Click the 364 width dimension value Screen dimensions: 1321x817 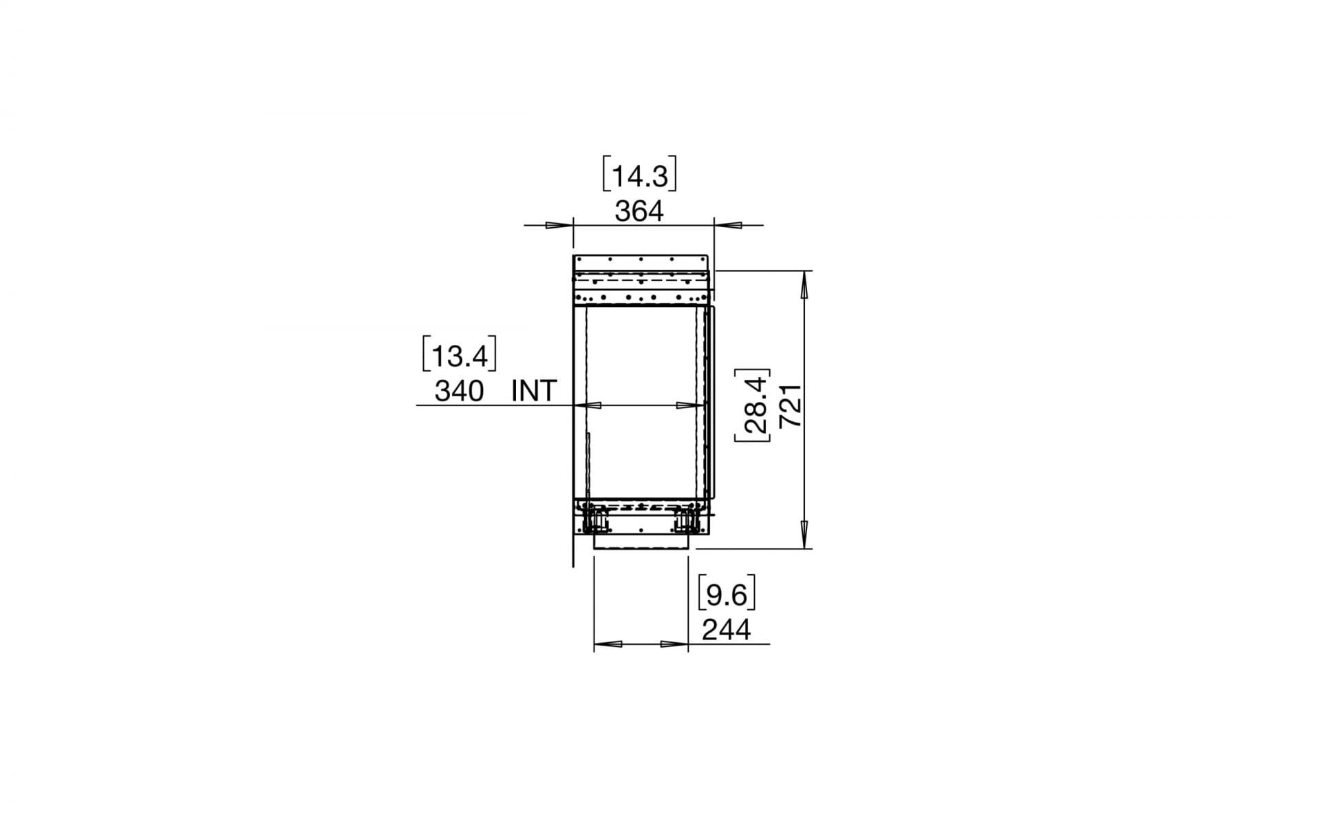pos(639,211)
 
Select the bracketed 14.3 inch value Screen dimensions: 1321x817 pos(640,176)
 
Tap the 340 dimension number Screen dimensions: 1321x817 pos(459,391)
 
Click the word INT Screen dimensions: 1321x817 pos(534,391)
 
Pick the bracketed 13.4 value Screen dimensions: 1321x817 pos(459,356)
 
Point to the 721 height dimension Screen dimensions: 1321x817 pos(791,405)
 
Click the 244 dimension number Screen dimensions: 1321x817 pos(727,629)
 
